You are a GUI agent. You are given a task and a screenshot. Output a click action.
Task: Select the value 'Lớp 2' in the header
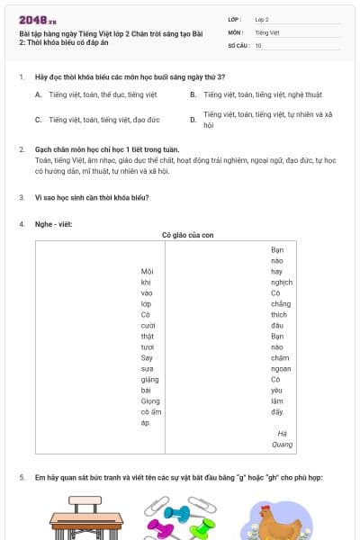pyautogui.click(x=264, y=18)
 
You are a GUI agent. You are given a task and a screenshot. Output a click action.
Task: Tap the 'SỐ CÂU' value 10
pyautogui.click(x=258, y=44)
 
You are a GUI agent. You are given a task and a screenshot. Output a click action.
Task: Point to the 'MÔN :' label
pyautogui.click(x=237, y=31)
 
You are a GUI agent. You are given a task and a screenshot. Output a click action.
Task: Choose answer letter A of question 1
pyautogui.click(x=38, y=94)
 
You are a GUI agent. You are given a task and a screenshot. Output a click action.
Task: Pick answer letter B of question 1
pyautogui.click(x=193, y=94)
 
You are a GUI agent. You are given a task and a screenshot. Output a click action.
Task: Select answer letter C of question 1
pyautogui.click(x=38, y=119)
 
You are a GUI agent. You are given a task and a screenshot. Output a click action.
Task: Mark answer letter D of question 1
pyautogui.click(x=193, y=119)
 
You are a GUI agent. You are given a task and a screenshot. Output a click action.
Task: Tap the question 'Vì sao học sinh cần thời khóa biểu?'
pyautogui.click(x=91, y=196)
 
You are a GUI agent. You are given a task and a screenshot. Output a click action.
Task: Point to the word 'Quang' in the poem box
pyautogui.click(x=282, y=443)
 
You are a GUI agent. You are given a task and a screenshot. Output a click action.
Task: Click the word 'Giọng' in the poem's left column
pyautogui.click(x=147, y=400)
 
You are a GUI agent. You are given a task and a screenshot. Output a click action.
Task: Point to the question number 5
pyautogui.click(x=21, y=477)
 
